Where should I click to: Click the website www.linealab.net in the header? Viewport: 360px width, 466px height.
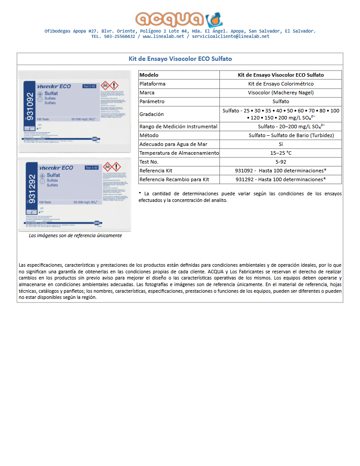point(163,37)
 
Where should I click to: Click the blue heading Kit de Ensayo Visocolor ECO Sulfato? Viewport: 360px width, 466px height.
point(180,59)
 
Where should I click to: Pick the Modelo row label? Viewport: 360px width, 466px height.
point(149,75)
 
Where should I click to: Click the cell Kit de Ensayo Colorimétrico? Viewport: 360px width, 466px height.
point(281,84)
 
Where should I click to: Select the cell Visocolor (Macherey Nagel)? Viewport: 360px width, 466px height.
point(281,93)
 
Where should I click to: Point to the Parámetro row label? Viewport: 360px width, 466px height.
point(152,101)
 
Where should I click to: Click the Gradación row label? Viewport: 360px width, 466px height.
point(152,114)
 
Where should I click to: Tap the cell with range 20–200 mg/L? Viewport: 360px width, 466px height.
point(281,127)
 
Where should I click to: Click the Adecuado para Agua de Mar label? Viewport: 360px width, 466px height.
point(173,144)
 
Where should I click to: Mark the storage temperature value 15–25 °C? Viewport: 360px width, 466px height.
point(281,153)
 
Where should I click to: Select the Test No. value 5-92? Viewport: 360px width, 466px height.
point(281,162)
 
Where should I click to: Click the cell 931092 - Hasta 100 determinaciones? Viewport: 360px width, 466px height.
point(281,171)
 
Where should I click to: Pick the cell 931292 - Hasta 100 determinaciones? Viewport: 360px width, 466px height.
point(281,179)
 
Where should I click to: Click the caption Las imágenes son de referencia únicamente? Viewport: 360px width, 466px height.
point(75,235)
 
